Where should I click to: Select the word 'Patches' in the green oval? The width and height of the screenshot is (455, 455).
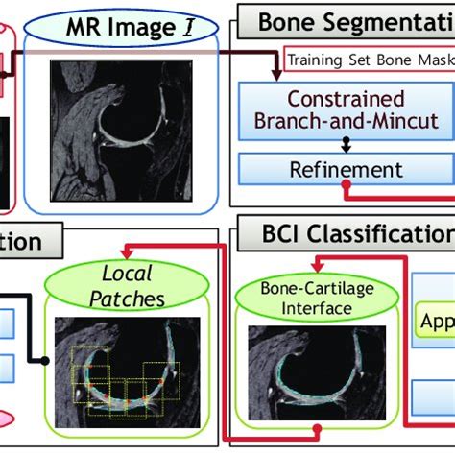pyautogui.click(x=134, y=299)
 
